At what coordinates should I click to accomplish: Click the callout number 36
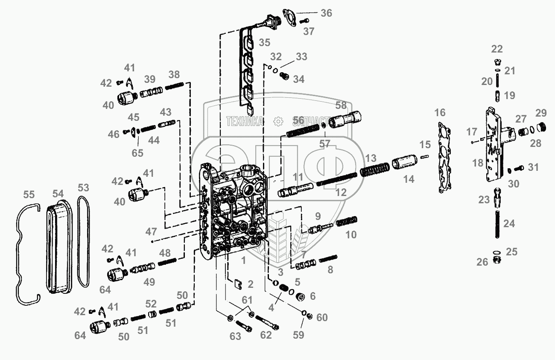coord(326,13)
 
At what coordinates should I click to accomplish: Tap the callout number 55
coord(29,195)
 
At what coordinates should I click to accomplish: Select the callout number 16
coord(440,113)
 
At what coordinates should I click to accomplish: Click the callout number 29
coord(541,113)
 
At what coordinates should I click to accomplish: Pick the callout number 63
coord(235,336)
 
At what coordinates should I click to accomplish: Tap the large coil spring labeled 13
coord(374,170)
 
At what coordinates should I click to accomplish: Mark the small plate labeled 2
coord(239,283)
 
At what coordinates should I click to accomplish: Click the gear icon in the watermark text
coord(278,121)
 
